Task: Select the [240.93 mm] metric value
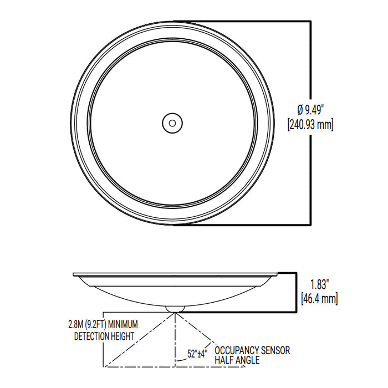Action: point(310,124)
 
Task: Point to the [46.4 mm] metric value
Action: point(320,300)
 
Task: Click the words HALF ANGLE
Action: point(237,360)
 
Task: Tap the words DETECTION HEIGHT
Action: point(104,335)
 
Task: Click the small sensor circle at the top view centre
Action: point(172,122)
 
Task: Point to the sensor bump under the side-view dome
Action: point(176,307)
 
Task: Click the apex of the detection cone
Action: point(176,312)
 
